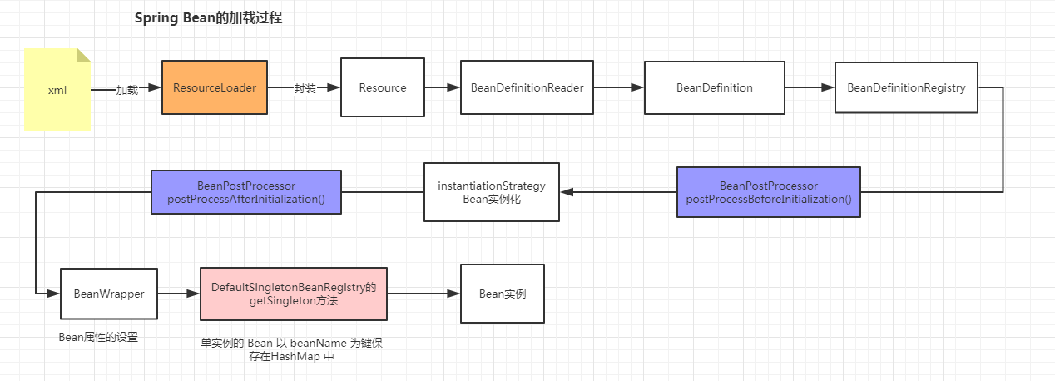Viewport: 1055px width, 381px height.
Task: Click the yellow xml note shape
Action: tap(57, 90)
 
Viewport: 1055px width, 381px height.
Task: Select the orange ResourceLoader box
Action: tap(215, 87)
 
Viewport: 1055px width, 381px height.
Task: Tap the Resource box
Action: tap(383, 87)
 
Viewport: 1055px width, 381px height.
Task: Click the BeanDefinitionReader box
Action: tap(527, 87)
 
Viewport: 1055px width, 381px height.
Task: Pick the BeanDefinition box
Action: tap(715, 87)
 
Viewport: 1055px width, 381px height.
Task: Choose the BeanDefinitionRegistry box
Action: tap(906, 87)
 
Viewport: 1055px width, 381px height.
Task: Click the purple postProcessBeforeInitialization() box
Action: tap(769, 192)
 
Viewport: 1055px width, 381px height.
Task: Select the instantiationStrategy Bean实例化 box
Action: tap(492, 192)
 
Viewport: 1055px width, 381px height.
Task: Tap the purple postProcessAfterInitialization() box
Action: tap(246, 192)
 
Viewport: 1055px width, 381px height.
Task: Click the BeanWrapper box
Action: tap(109, 294)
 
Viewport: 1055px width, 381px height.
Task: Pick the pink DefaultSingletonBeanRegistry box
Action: tap(294, 294)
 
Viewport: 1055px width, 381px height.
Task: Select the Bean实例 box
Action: tap(503, 294)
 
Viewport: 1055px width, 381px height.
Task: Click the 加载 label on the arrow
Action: tap(127, 90)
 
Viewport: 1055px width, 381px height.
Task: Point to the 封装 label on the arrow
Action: tap(305, 88)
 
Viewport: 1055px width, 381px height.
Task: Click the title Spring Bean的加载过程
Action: tap(208, 18)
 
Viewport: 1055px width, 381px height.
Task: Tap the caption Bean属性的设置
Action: tap(98, 337)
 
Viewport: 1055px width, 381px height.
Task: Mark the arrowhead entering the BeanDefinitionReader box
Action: tap(453, 87)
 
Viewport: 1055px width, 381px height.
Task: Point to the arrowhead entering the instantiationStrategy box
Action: tap(567, 192)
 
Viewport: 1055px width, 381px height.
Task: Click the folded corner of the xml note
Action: tap(84, 55)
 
